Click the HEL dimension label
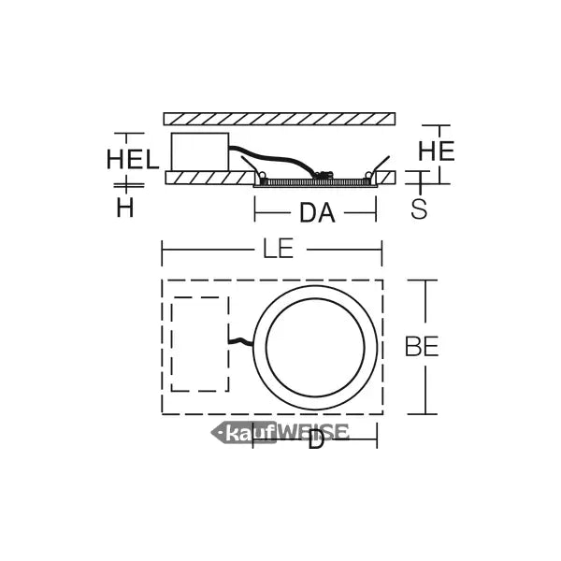click(133, 159)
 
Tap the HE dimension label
click(436, 151)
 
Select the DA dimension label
click(317, 213)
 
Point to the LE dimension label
click(279, 249)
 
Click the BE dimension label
click(422, 346)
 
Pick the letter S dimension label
click(419, 209)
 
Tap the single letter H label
click(125, 208)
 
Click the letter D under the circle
click(316, 439)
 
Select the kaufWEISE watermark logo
click(280, 433)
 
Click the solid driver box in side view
click(200, 151)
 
